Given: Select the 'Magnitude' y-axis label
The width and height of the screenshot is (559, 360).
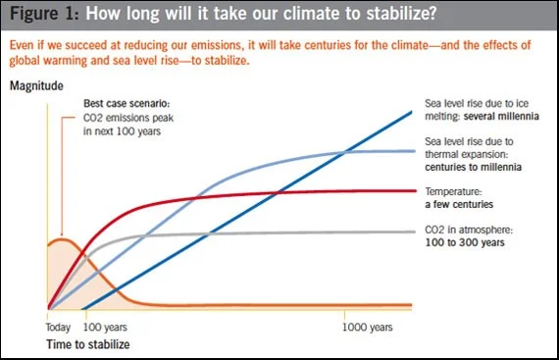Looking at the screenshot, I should click(38, 86).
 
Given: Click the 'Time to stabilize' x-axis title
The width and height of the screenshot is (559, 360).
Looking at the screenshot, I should click(88, 344).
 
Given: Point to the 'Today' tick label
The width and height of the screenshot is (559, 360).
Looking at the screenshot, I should click(60, 327).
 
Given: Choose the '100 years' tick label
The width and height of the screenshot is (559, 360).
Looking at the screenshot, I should click(105, 327).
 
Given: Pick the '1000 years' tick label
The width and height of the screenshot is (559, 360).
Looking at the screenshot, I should click(369, 327).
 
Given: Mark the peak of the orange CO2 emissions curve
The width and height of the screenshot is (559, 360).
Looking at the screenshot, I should click(63, 238).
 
